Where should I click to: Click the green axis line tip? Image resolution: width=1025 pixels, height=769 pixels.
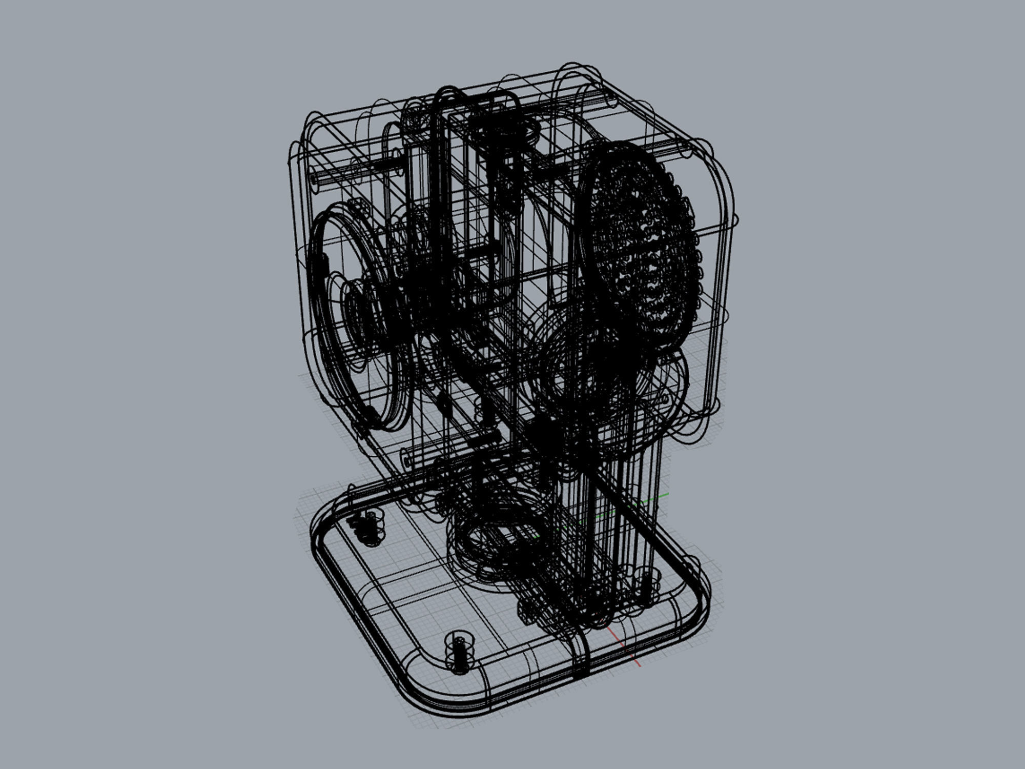[665, 495]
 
